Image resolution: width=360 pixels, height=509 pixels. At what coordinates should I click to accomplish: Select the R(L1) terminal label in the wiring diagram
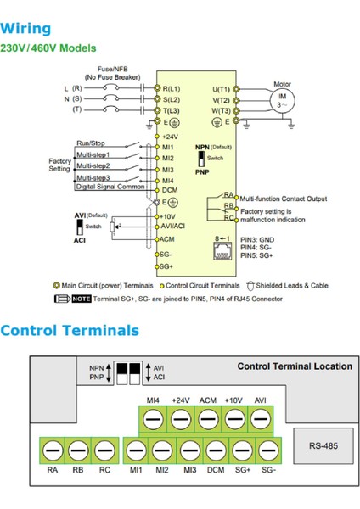click(171, 88)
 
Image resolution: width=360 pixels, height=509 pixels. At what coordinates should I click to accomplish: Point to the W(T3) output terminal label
click(221, 110)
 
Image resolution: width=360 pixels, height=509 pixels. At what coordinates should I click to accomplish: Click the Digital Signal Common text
click(107, 187)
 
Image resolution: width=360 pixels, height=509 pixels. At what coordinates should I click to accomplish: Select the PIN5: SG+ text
click(256, 255)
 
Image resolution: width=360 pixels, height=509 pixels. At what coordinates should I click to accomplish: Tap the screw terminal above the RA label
click(52, 448)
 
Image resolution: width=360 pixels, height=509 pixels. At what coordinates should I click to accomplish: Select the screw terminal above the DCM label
click(216, 448)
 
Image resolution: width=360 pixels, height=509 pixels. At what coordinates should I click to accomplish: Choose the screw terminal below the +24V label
click(180, 417)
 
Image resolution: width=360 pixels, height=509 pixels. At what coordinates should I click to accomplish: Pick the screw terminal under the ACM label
click(207, 417)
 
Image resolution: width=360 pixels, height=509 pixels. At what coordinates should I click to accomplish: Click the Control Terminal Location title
click(294, 366)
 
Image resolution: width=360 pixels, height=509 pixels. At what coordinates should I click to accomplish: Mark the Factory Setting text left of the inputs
click(60, 165)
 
